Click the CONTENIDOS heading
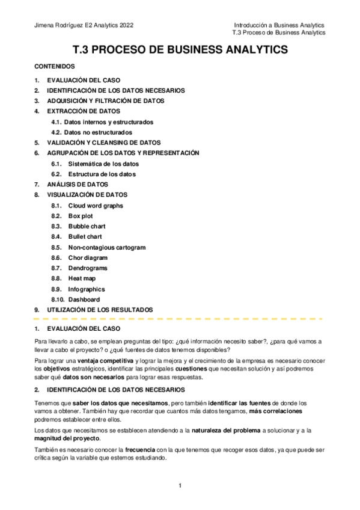54,67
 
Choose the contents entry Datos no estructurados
98,132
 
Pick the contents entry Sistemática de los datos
103,164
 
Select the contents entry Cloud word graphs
95,205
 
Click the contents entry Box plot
81,215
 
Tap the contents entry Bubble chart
87,226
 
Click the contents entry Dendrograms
88,268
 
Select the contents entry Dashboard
84,299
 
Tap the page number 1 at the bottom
180,485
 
